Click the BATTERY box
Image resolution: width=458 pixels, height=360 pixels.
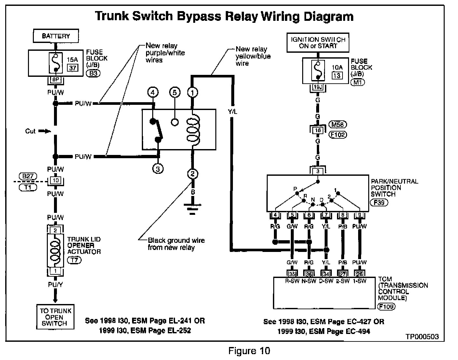[x=56, y=36]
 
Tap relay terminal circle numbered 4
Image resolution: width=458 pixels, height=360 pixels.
[x=153, y=93]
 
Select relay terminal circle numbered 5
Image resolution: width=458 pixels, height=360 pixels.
[x=175, y=93]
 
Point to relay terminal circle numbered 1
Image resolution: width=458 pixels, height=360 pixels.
[x=193, y=93]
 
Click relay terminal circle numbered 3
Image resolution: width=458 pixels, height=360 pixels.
[x=158, y=168]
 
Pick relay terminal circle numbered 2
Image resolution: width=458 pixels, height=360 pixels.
[x=193, y=173]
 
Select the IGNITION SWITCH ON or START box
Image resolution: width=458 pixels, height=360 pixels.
[x=318, y=43]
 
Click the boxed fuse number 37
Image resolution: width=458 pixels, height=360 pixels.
[x=72, y=68]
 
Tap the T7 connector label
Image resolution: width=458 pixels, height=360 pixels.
[x=74, y=260]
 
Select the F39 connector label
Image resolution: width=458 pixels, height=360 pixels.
[x=379, y=202]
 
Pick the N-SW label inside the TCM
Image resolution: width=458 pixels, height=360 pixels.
[x=309, y=281]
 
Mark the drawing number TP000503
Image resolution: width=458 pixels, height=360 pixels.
[x=422, y=337]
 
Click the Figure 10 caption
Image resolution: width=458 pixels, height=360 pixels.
[x=249, y=351]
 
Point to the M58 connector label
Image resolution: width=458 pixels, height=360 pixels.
[x=338, y=124]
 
